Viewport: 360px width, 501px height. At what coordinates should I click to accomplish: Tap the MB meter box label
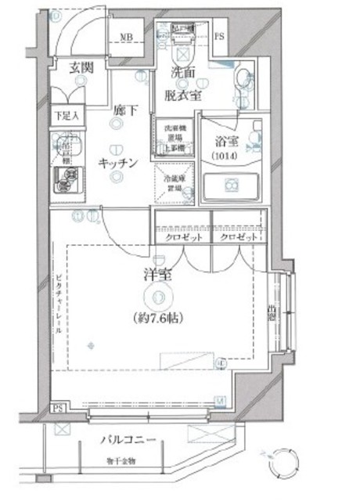pos(126,37)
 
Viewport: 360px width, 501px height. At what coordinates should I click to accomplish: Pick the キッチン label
pos(118,164)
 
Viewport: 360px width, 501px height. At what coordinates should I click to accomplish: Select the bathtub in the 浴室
pos(231,186)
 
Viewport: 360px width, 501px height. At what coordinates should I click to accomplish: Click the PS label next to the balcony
pos(56,408)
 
